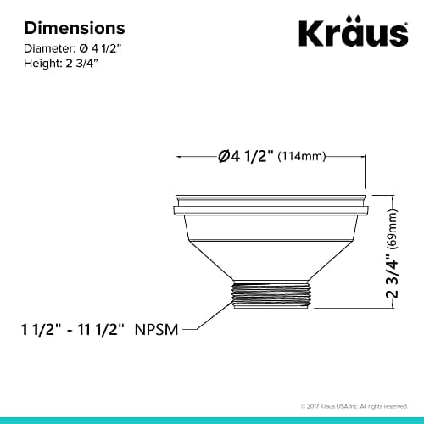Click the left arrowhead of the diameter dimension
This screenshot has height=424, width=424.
coord(177,157)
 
